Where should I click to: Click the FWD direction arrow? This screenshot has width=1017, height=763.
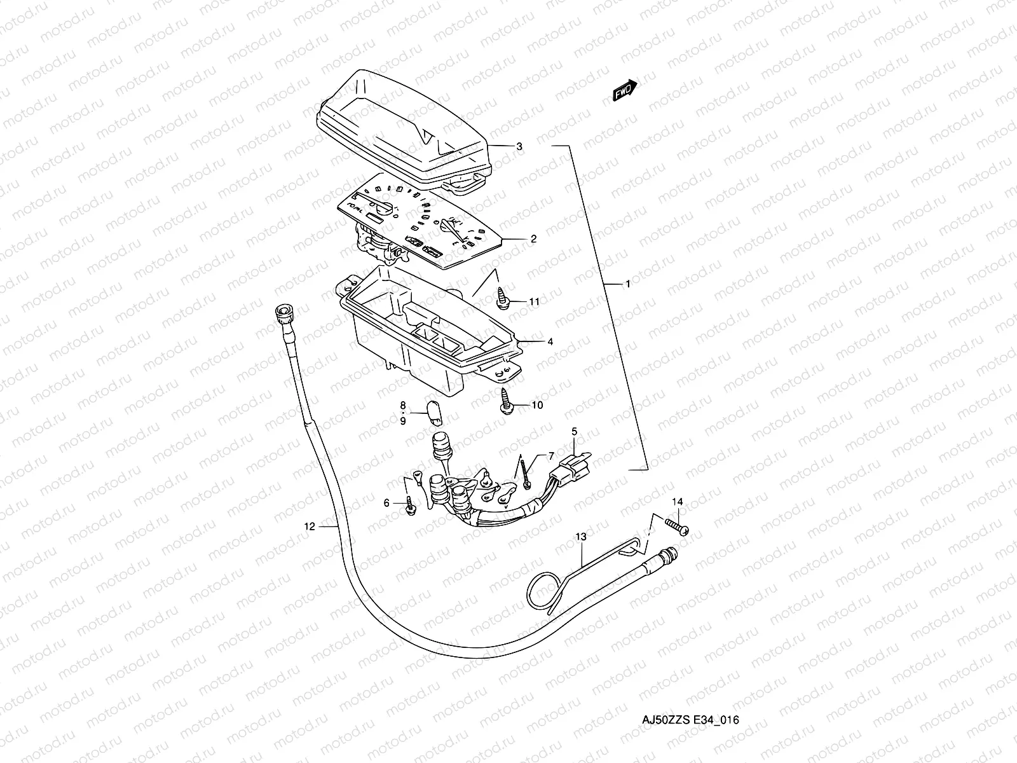tap(625, 90)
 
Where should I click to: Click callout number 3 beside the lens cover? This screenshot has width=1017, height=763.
tap(519, 146)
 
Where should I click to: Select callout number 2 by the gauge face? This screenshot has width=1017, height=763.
tap(533, 239)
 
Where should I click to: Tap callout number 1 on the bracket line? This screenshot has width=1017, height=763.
tap(627, 285)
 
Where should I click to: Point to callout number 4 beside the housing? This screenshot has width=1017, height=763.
tap(550, 341)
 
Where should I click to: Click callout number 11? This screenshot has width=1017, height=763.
tap(534, 302)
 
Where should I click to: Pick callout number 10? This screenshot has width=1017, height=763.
tap(537, 405)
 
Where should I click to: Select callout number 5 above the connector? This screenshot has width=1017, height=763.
tap(574, 431)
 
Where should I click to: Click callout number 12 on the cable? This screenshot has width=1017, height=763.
tap(310, 526)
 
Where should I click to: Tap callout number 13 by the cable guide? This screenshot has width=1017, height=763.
tap(580, 537)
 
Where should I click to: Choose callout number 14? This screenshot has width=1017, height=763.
tap(678, 502)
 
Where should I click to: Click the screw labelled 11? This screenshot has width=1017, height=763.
tap(503, 298)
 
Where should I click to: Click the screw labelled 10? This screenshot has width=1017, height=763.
tap(507, 401)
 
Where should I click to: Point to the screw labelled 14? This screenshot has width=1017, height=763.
tap(676, 527)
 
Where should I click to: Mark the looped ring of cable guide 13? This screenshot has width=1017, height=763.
tap(541, 591)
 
